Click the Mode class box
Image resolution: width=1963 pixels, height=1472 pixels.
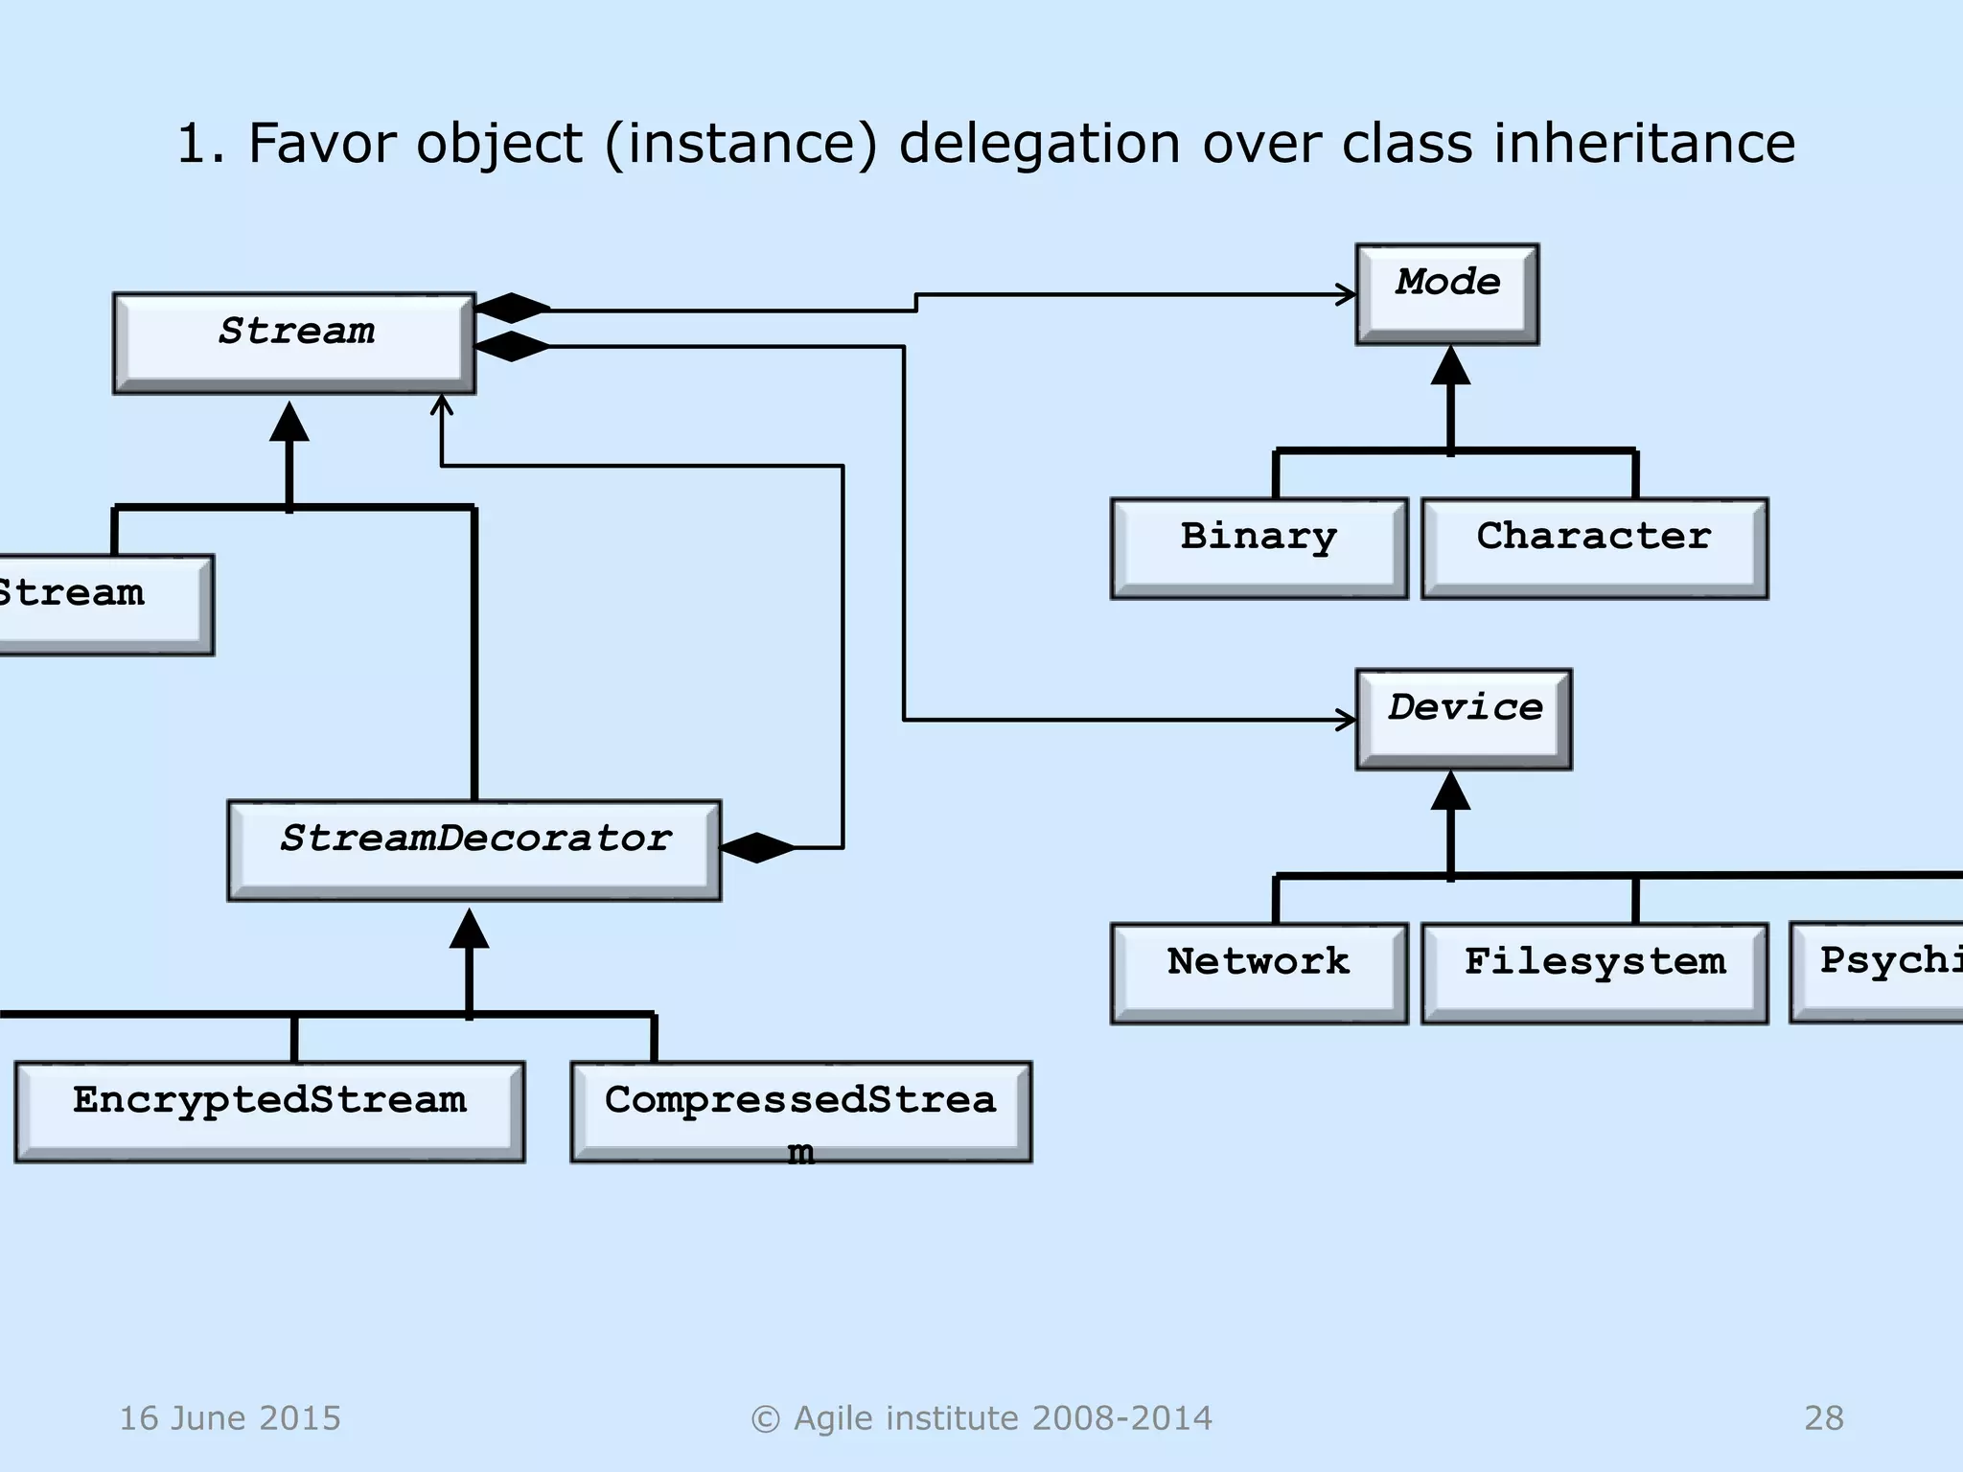pos(1446,293)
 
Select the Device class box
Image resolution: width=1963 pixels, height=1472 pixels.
pos(1463,719)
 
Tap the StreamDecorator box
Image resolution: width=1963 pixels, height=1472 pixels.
pos(473,850)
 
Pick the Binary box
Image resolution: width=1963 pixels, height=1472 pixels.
pos(1259,548)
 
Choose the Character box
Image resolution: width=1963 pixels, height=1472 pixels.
pos(1594,548)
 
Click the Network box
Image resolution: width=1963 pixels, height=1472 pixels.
pos(1259,973)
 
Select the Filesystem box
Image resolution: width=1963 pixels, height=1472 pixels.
pos(1594,973)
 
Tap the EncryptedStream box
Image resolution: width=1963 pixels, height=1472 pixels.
pos(269,1112)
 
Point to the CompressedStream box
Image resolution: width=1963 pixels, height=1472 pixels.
pos(800,1112)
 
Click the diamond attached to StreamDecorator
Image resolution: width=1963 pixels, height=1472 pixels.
pos(757,848)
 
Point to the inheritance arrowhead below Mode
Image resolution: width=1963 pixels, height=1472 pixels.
pos(1450,366)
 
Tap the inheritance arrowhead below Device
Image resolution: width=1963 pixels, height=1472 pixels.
pos(1450,792)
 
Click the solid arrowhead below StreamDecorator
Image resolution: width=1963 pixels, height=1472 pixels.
pos(469,929)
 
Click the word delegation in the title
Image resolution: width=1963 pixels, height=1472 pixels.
pos(1039,144)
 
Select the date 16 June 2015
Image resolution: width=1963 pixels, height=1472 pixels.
pos(230,1417)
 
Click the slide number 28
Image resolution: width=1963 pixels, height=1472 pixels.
pos(1823,1417)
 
